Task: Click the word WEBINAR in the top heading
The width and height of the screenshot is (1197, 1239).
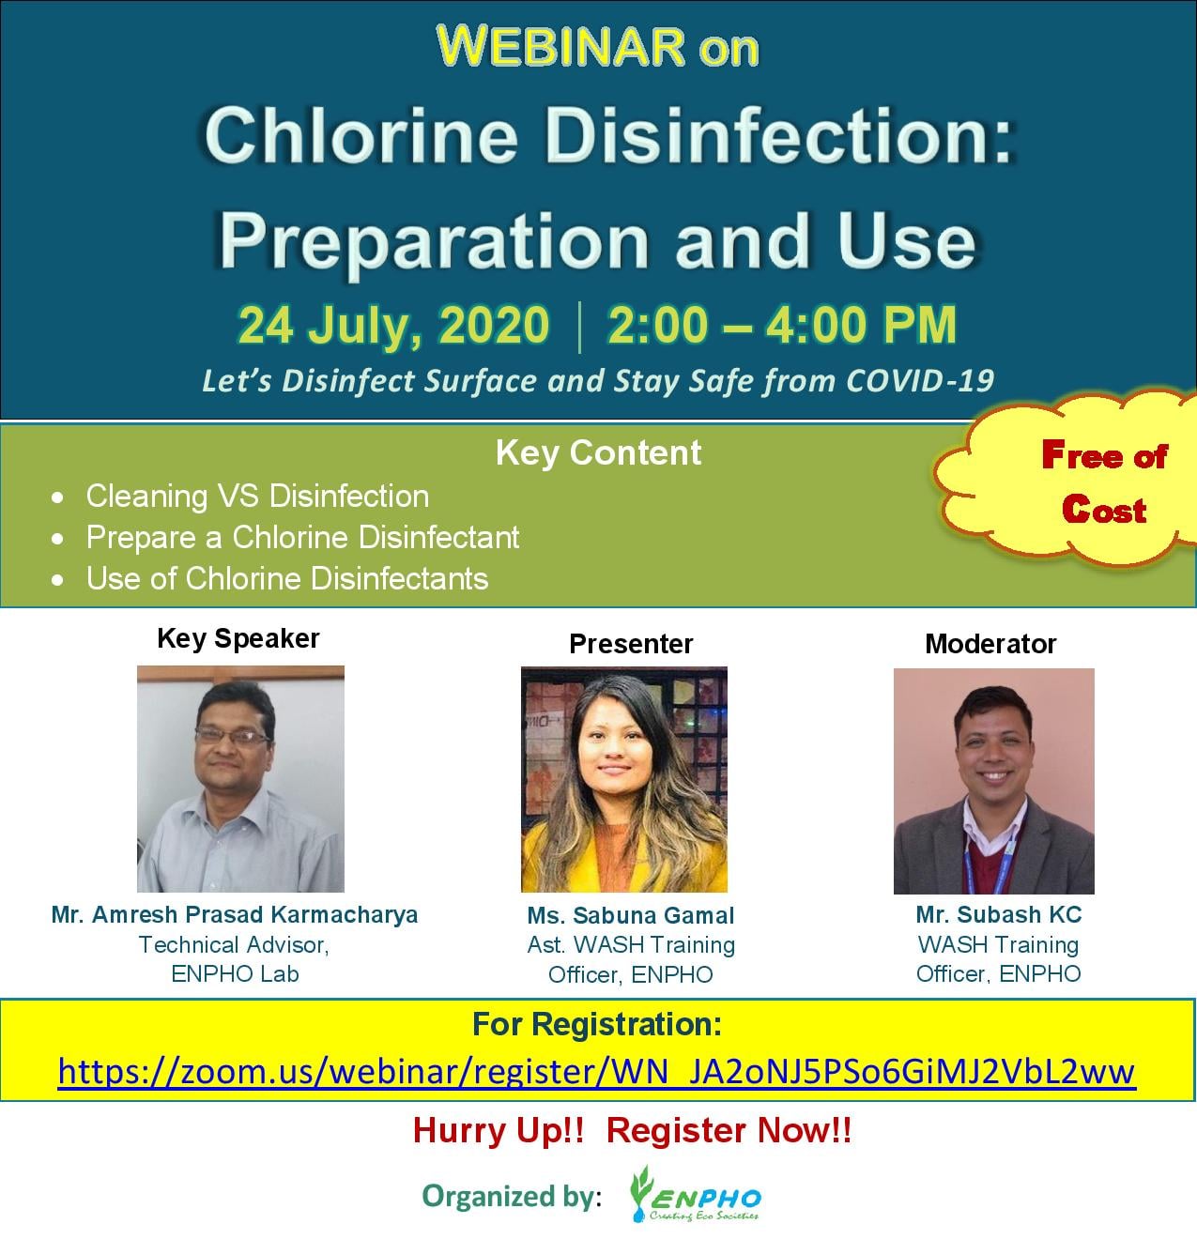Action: (560, 46)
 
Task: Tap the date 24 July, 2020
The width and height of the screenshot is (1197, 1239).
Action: (392, 326)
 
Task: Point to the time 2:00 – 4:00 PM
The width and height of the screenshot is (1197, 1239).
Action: (782, 325)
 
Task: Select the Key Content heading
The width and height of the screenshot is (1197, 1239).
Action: (599, 453)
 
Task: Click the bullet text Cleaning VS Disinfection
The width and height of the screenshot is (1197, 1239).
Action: (258, 496)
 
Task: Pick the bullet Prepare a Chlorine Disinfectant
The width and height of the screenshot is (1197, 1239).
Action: (302, 537)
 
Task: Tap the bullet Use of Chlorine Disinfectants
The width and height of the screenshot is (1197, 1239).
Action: (287, 579)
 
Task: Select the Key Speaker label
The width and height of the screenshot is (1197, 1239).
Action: (238, 638)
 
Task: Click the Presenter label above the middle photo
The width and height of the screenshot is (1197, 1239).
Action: (631, 644)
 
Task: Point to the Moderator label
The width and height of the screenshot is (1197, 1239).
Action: (990, 644)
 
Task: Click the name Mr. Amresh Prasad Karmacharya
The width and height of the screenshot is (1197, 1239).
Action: (235, 915)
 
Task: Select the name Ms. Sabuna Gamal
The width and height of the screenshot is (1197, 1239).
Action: (630, 915)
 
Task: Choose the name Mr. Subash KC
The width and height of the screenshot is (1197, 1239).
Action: (998, 915)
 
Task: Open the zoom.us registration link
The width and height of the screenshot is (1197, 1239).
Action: (596, 1072)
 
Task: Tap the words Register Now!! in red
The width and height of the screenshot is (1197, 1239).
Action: (729, 1131)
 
